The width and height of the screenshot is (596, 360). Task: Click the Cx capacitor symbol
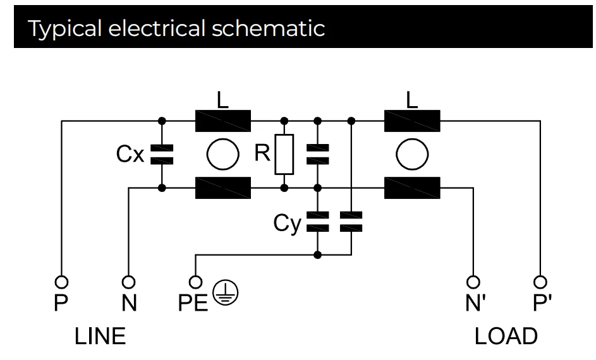[x=162, y=153]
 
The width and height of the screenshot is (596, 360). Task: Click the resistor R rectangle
[x=284, y=154]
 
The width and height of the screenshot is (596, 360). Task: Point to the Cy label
[x=288, y=224]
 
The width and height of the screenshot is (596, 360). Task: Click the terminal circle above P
[x=61, y=280]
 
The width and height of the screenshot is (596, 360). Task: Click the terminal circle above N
[x=128, y=280]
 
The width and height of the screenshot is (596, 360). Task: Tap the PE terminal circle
[x=196, y=280]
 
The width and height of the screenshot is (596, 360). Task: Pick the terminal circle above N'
[x=471, y=280]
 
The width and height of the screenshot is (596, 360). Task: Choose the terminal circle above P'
[x=539, y=280]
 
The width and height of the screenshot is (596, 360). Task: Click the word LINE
[x=100, y=336]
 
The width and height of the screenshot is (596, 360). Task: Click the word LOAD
[x=506, y=336]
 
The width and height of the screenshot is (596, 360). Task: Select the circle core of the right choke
[x=411, y=154]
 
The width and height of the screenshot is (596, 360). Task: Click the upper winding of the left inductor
[x=223, y=120]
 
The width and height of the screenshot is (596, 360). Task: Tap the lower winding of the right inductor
[x=412, y=188]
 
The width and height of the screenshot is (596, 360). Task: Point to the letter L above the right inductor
[x=412, y=100]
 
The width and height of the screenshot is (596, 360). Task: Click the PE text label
[x=192, y=304]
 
